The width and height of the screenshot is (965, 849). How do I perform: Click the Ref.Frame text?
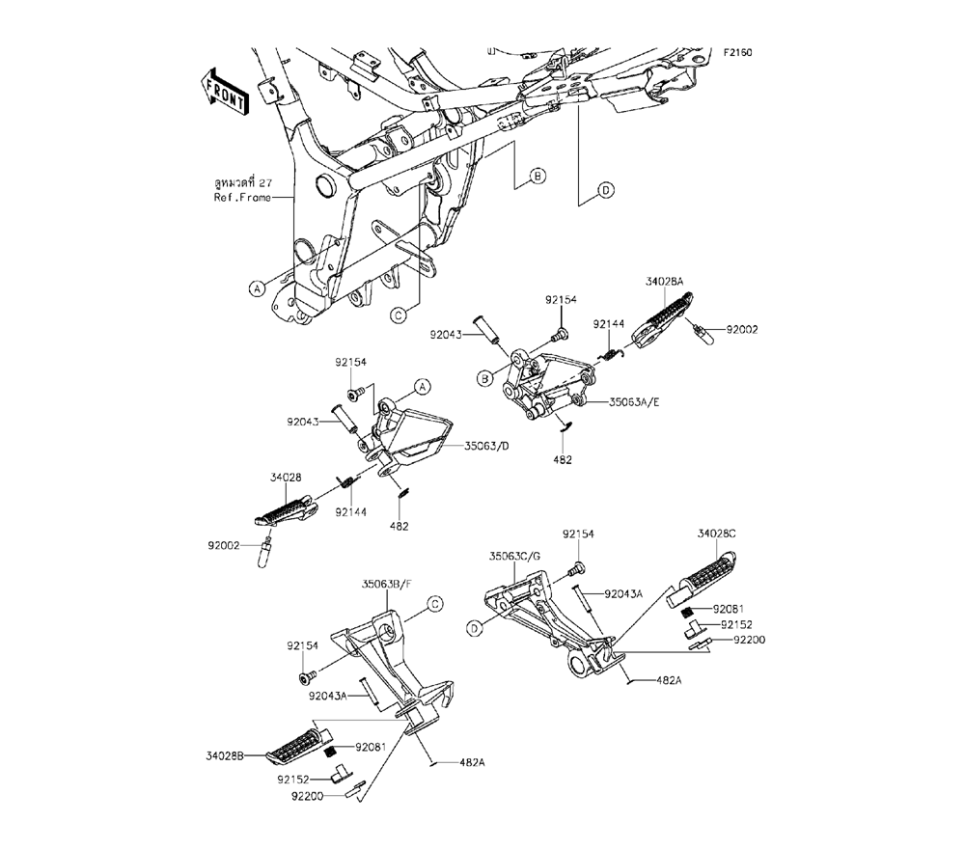pos(242,198)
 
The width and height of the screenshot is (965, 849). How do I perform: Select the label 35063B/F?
pos(387,584)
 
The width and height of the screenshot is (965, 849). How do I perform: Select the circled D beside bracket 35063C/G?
pos(474,628)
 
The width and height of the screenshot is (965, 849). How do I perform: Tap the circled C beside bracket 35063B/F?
pos(434,604)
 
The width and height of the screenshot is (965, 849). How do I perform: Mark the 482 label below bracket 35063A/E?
pos(563,459)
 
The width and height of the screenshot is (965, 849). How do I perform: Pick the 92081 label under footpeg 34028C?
pos(730,610)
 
